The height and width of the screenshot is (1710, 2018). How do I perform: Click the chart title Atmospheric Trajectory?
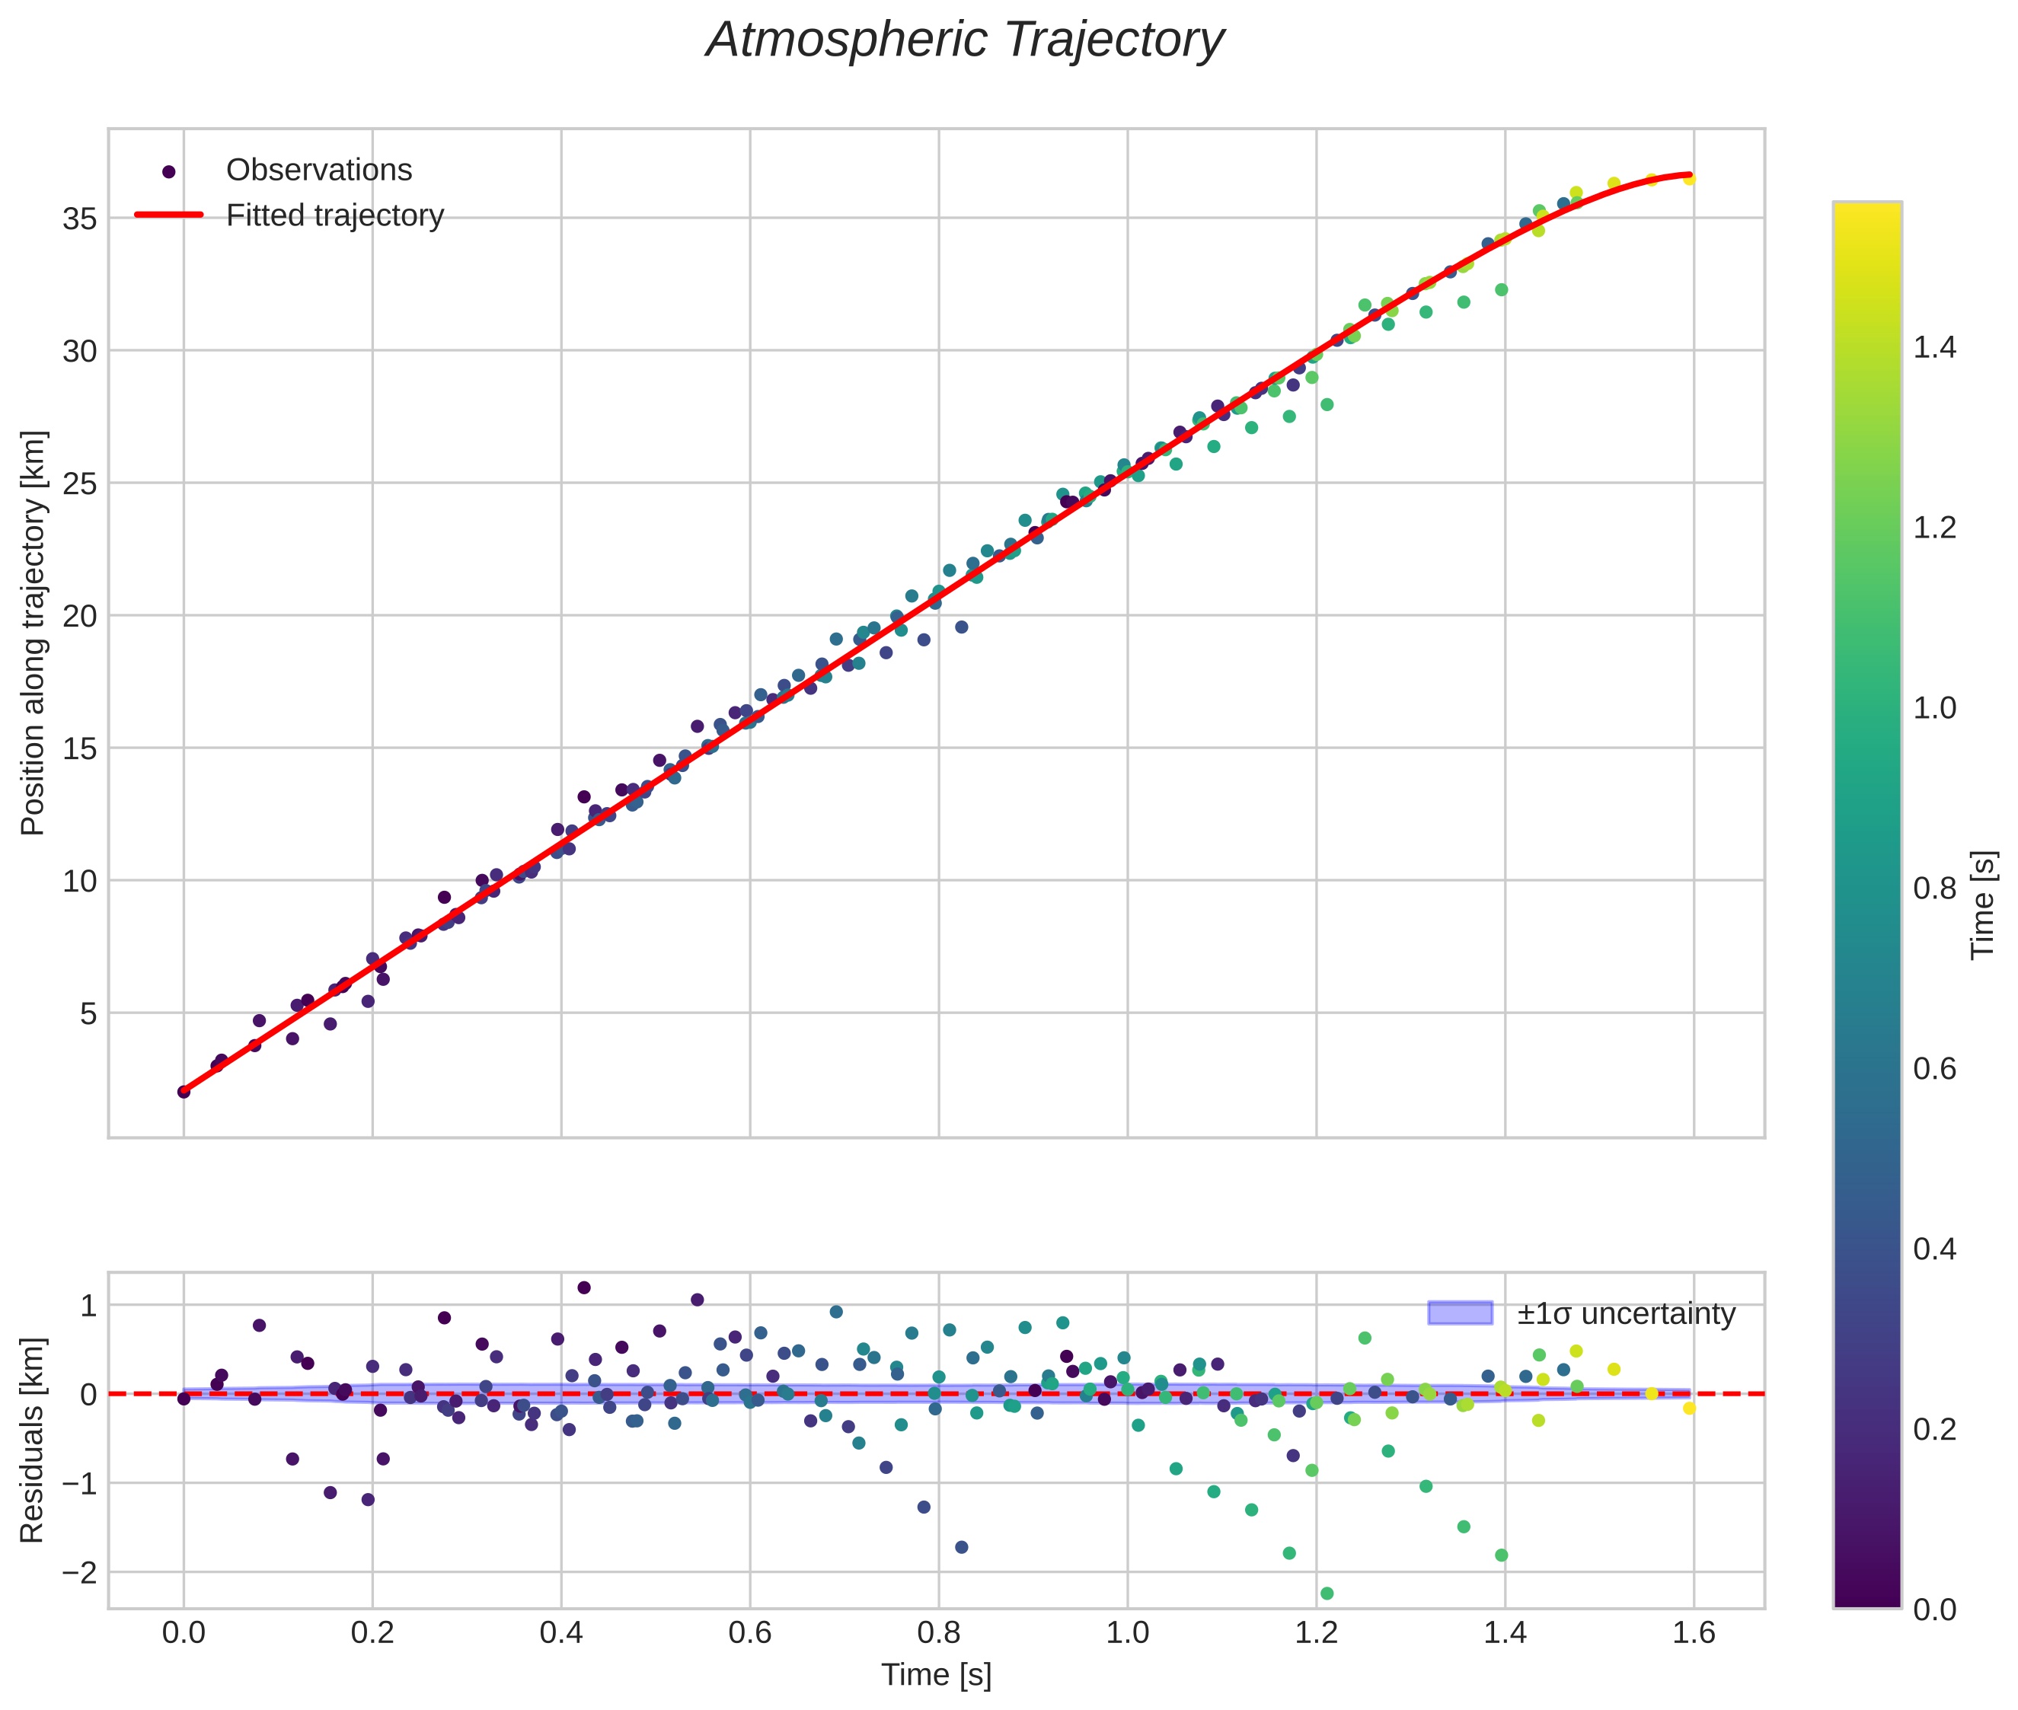(x=964, y=40)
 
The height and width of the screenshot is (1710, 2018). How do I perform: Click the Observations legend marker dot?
(x=169, y=171)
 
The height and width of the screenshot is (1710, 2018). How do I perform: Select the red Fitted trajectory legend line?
(x=169, y=215)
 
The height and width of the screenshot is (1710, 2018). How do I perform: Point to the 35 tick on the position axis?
(x=79, y=219)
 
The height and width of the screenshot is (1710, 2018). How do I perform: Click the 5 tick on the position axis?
(x=88, y=1014)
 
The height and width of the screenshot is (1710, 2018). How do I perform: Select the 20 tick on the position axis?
(x=79, y=617)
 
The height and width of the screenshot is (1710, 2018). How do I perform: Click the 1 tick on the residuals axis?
(x=88, y=1306)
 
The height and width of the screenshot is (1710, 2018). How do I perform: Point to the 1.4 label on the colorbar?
(x=1933, y=348)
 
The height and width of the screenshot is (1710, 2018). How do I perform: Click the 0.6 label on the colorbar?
(x=1933, y=1069)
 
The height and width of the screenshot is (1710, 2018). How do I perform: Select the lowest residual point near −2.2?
(x=1327, y=1594)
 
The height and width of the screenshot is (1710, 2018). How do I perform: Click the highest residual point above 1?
(x=584, y=1288)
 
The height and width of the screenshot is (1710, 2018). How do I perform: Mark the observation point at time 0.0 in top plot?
(x=184, y=1092)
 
